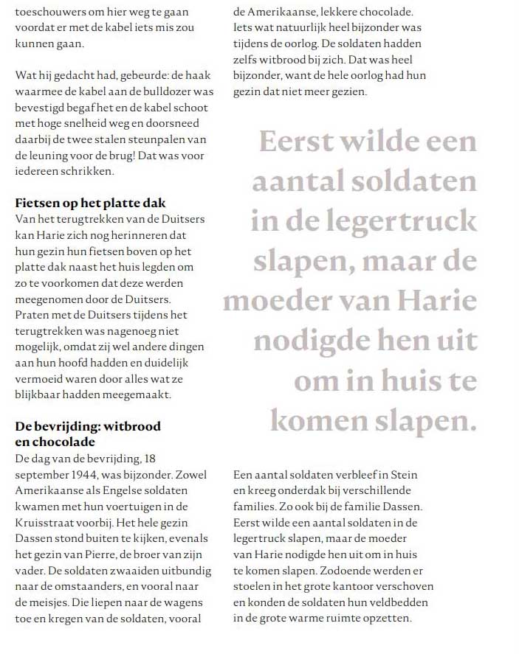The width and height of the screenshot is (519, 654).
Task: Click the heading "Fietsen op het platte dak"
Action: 90,203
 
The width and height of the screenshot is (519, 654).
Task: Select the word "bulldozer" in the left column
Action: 182,91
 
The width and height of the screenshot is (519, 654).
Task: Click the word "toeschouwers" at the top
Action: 51,12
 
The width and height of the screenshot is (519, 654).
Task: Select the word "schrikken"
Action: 87,172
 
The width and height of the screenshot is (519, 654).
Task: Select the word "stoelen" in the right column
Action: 252,587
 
